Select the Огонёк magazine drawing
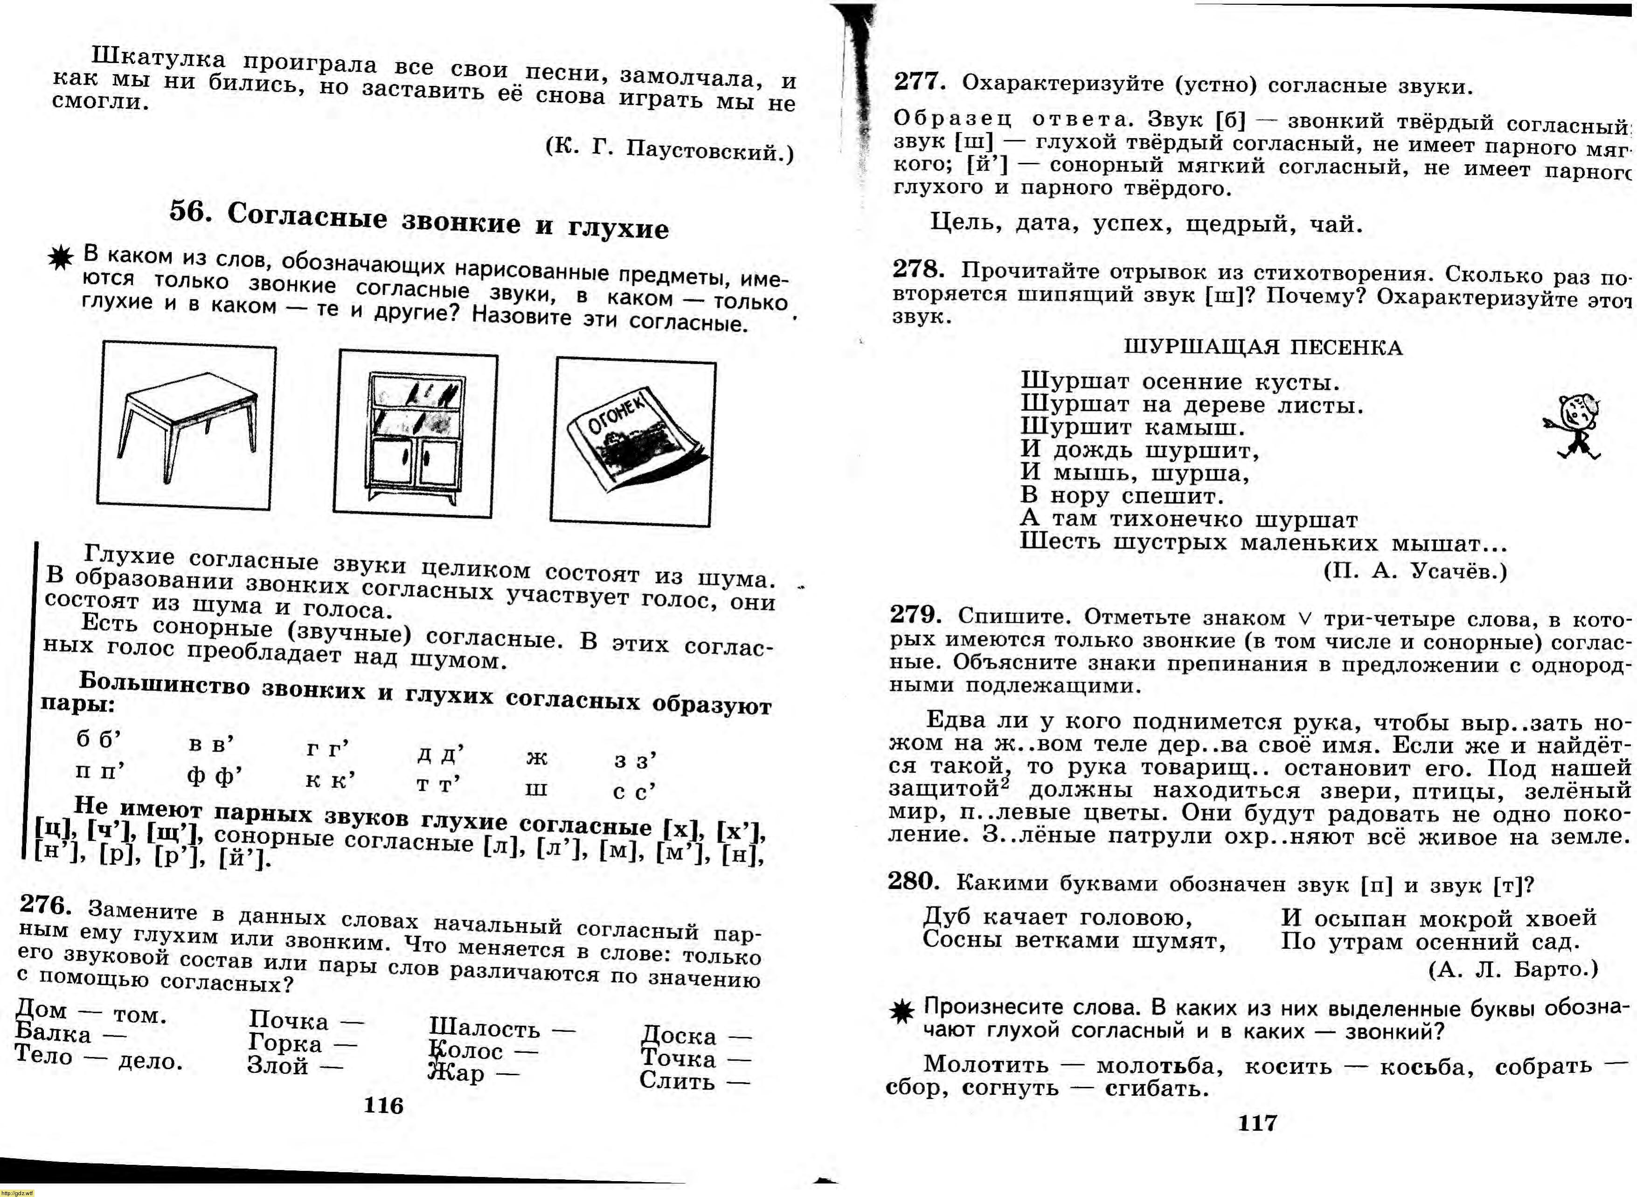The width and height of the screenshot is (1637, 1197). click(x=633, y=442)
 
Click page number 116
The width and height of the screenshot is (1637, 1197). click(x=383, y=1105)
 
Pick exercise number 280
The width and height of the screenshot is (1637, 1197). click(x=913, y=881)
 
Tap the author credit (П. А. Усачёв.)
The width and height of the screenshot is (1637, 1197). click(x=1415, y=572)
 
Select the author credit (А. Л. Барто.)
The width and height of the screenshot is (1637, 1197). click(x=1512, y=969)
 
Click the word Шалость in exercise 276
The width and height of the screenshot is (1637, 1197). click(x=485, y=1028)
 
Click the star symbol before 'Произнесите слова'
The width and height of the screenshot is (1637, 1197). click(x=901, y=1011)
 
